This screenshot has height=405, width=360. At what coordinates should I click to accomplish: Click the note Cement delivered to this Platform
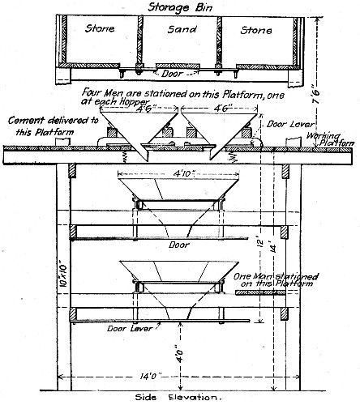50,126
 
